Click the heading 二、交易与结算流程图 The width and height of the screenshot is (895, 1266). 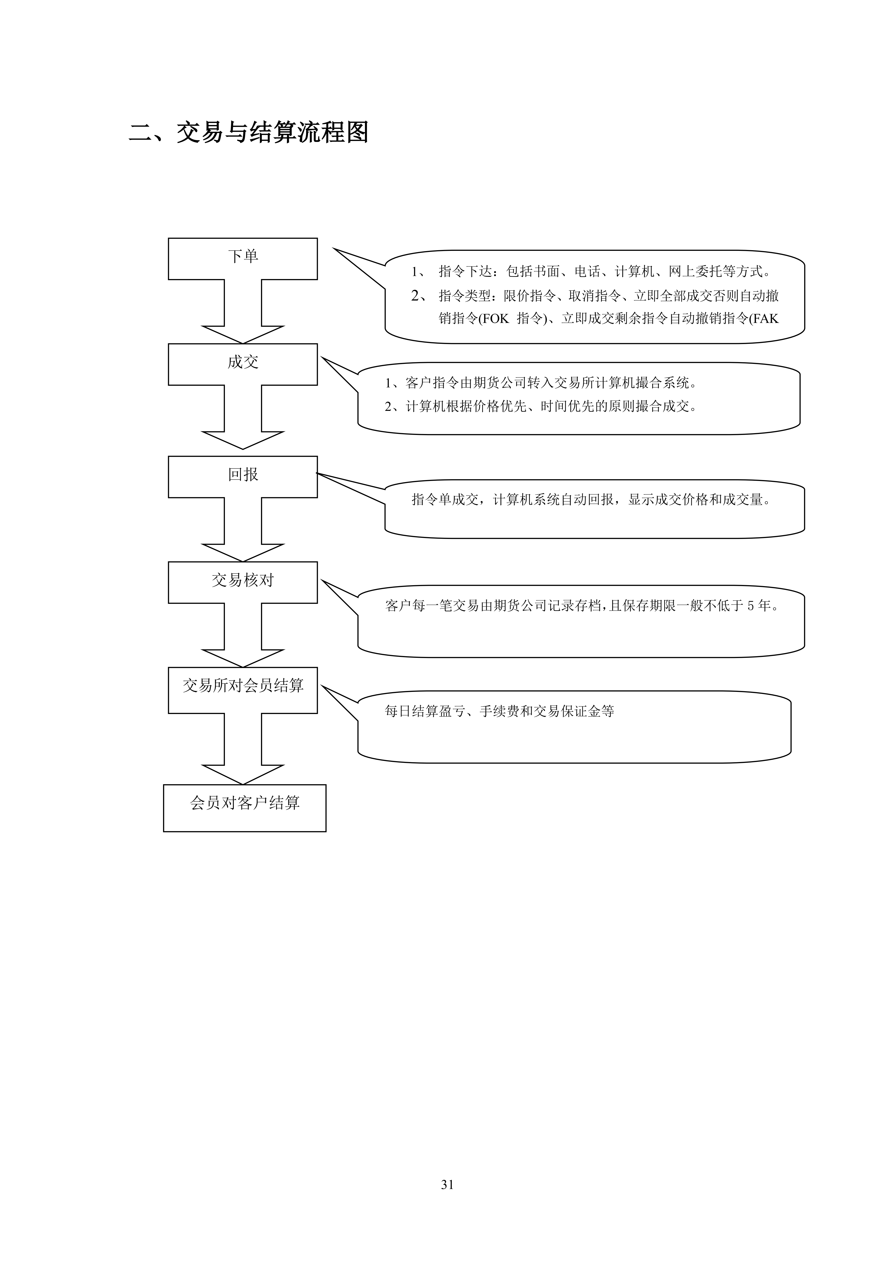point(249,132)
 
